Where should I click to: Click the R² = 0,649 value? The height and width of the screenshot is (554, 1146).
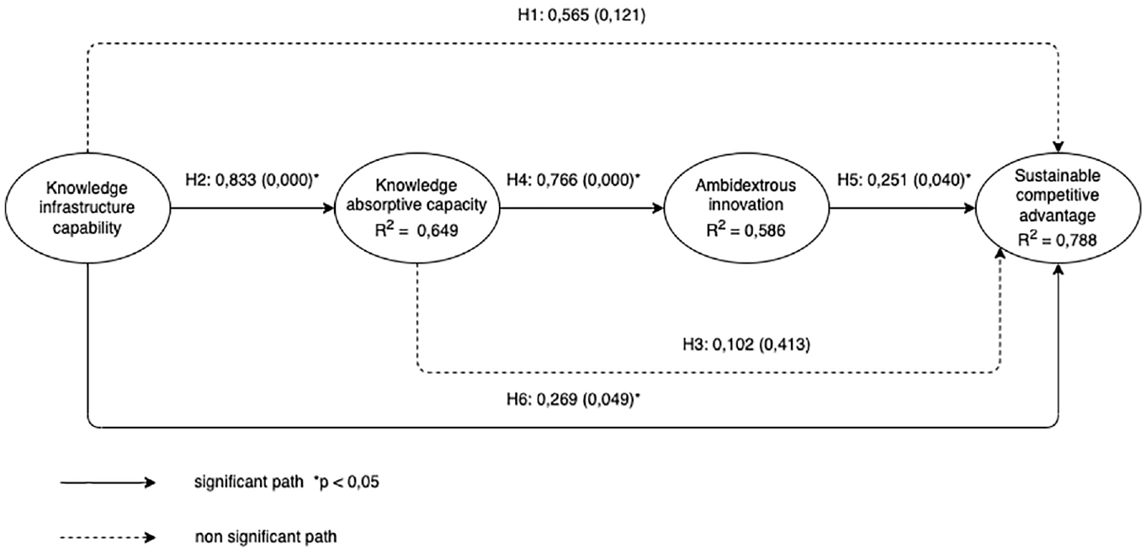coord(416,230)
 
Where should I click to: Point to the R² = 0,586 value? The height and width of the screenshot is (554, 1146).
coord(745,230)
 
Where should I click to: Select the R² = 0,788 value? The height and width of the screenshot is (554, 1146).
coord(1057,239)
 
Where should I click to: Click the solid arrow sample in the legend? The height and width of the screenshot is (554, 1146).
coord(108,482)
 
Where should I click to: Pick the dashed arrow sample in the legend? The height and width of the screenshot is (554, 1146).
coord(108,537)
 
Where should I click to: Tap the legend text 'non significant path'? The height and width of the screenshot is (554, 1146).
coord(266,537)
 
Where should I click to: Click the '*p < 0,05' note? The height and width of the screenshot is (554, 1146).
coord(347,482)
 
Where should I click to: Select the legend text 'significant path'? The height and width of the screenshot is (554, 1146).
coord(249,482)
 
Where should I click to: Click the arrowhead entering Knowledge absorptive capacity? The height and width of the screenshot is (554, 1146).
coord(328,209)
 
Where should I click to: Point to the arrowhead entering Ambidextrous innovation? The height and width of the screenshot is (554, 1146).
coord(658,209)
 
